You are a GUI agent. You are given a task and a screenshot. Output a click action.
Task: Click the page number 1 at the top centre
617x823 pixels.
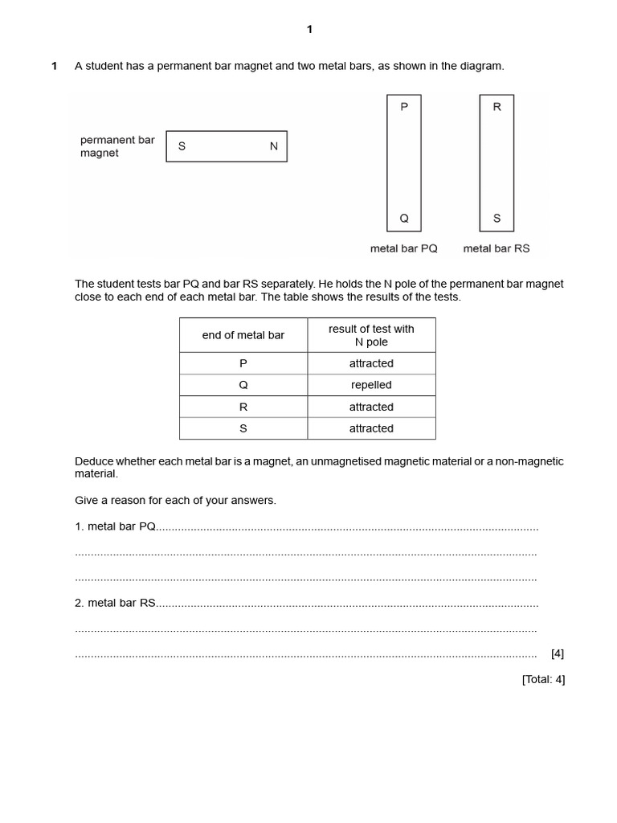coord(309,30)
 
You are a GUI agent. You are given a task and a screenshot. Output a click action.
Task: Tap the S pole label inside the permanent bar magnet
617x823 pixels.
coord(182,146)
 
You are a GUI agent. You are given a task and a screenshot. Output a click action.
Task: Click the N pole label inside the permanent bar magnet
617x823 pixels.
coord(273,146)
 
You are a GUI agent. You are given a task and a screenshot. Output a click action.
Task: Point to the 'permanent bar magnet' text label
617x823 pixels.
coord(117,146)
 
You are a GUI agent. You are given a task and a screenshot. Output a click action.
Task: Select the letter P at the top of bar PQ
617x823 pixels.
coord(404,107)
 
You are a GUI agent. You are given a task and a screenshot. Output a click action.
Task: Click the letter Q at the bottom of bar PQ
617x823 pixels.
coord(404,218)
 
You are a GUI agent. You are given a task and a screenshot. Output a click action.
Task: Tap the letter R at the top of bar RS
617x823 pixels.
coord(496,107)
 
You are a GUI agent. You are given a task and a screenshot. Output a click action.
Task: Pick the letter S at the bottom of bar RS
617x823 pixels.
coord(496,218)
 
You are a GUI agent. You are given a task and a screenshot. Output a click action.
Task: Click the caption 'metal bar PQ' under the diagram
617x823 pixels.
coord(403,248)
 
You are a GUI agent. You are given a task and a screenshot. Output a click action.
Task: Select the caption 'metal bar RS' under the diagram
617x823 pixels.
coord(496,248)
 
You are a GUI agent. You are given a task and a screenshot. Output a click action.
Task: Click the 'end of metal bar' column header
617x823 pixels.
coord(243,335)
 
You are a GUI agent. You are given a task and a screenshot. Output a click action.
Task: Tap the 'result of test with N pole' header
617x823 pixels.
coord(371,335)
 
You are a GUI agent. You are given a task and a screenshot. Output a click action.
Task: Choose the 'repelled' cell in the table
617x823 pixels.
coord(371,385)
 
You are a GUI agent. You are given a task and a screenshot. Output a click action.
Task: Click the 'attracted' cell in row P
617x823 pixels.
coord(371,363)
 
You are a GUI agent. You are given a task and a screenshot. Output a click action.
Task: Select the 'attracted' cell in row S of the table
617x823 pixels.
coord(371,428)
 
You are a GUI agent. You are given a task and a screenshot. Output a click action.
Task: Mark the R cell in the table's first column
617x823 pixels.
coord(243,407)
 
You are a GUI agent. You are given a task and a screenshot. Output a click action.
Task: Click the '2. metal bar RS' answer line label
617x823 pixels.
coord(115,602)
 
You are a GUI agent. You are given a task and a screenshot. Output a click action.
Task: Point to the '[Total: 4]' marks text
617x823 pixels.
coord(543,679)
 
